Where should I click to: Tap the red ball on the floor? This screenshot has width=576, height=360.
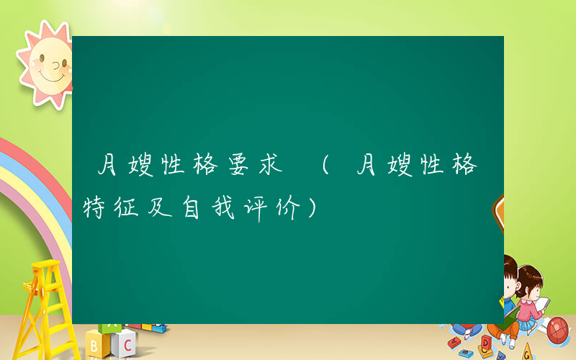(558, 331)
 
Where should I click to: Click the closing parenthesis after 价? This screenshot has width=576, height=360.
(310, 210)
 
